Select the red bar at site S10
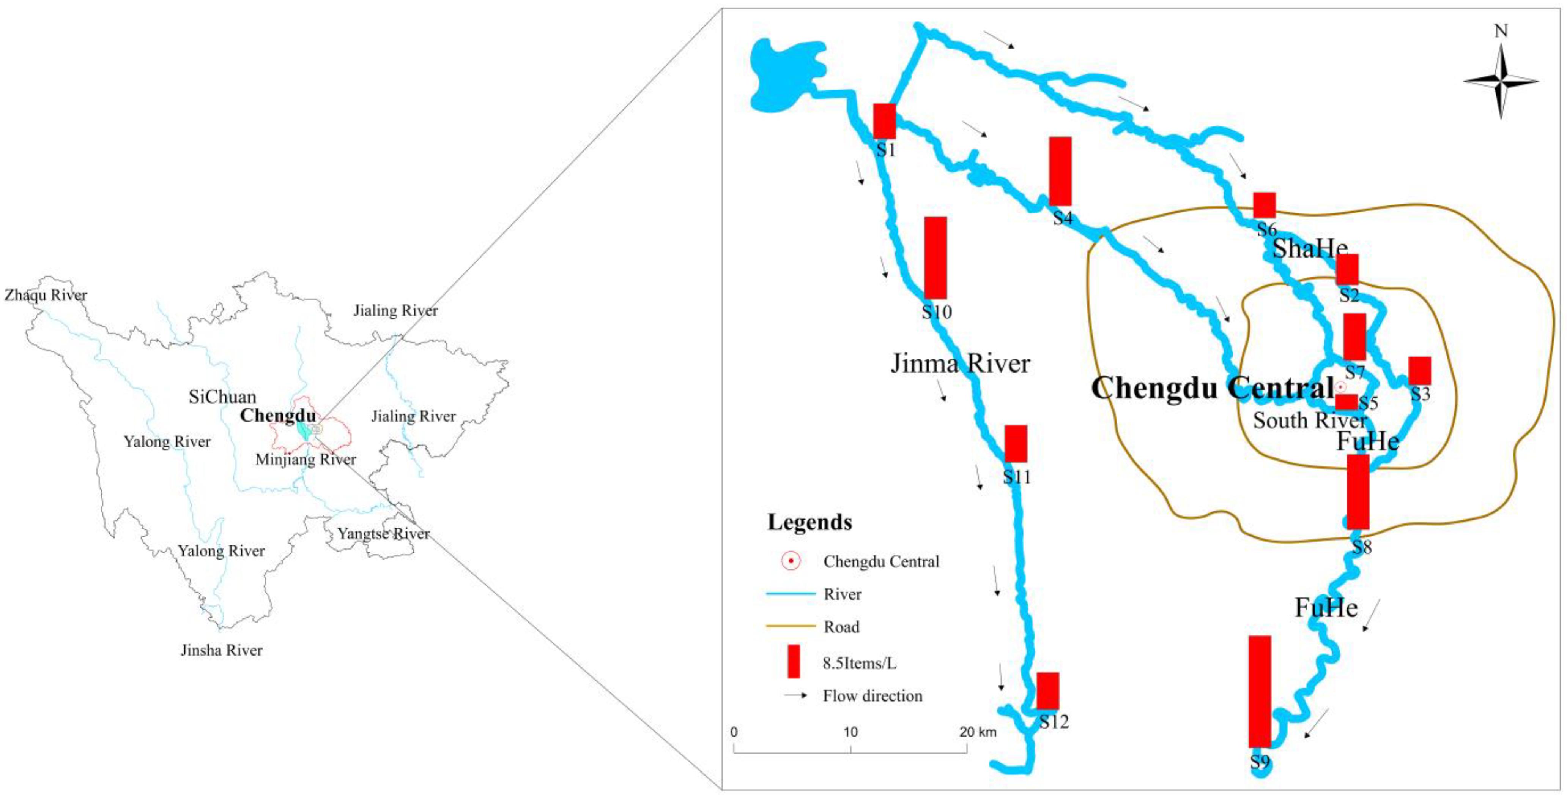[935, 258]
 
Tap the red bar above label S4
[1060, 171]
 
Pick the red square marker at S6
[1264, 205]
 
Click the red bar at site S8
[1358, 492]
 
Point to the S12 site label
[1054, 722]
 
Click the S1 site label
[886, 149]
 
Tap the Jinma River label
[960, 364]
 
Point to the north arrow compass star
[1501, 81]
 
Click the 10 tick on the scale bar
[850, 732]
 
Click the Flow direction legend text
[872, 696]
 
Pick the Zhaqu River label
[46, 295]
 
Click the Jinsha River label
[221, 650]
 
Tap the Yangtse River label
[383, 534]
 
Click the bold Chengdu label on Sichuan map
[278, 416]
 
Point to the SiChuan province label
[222, 397]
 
